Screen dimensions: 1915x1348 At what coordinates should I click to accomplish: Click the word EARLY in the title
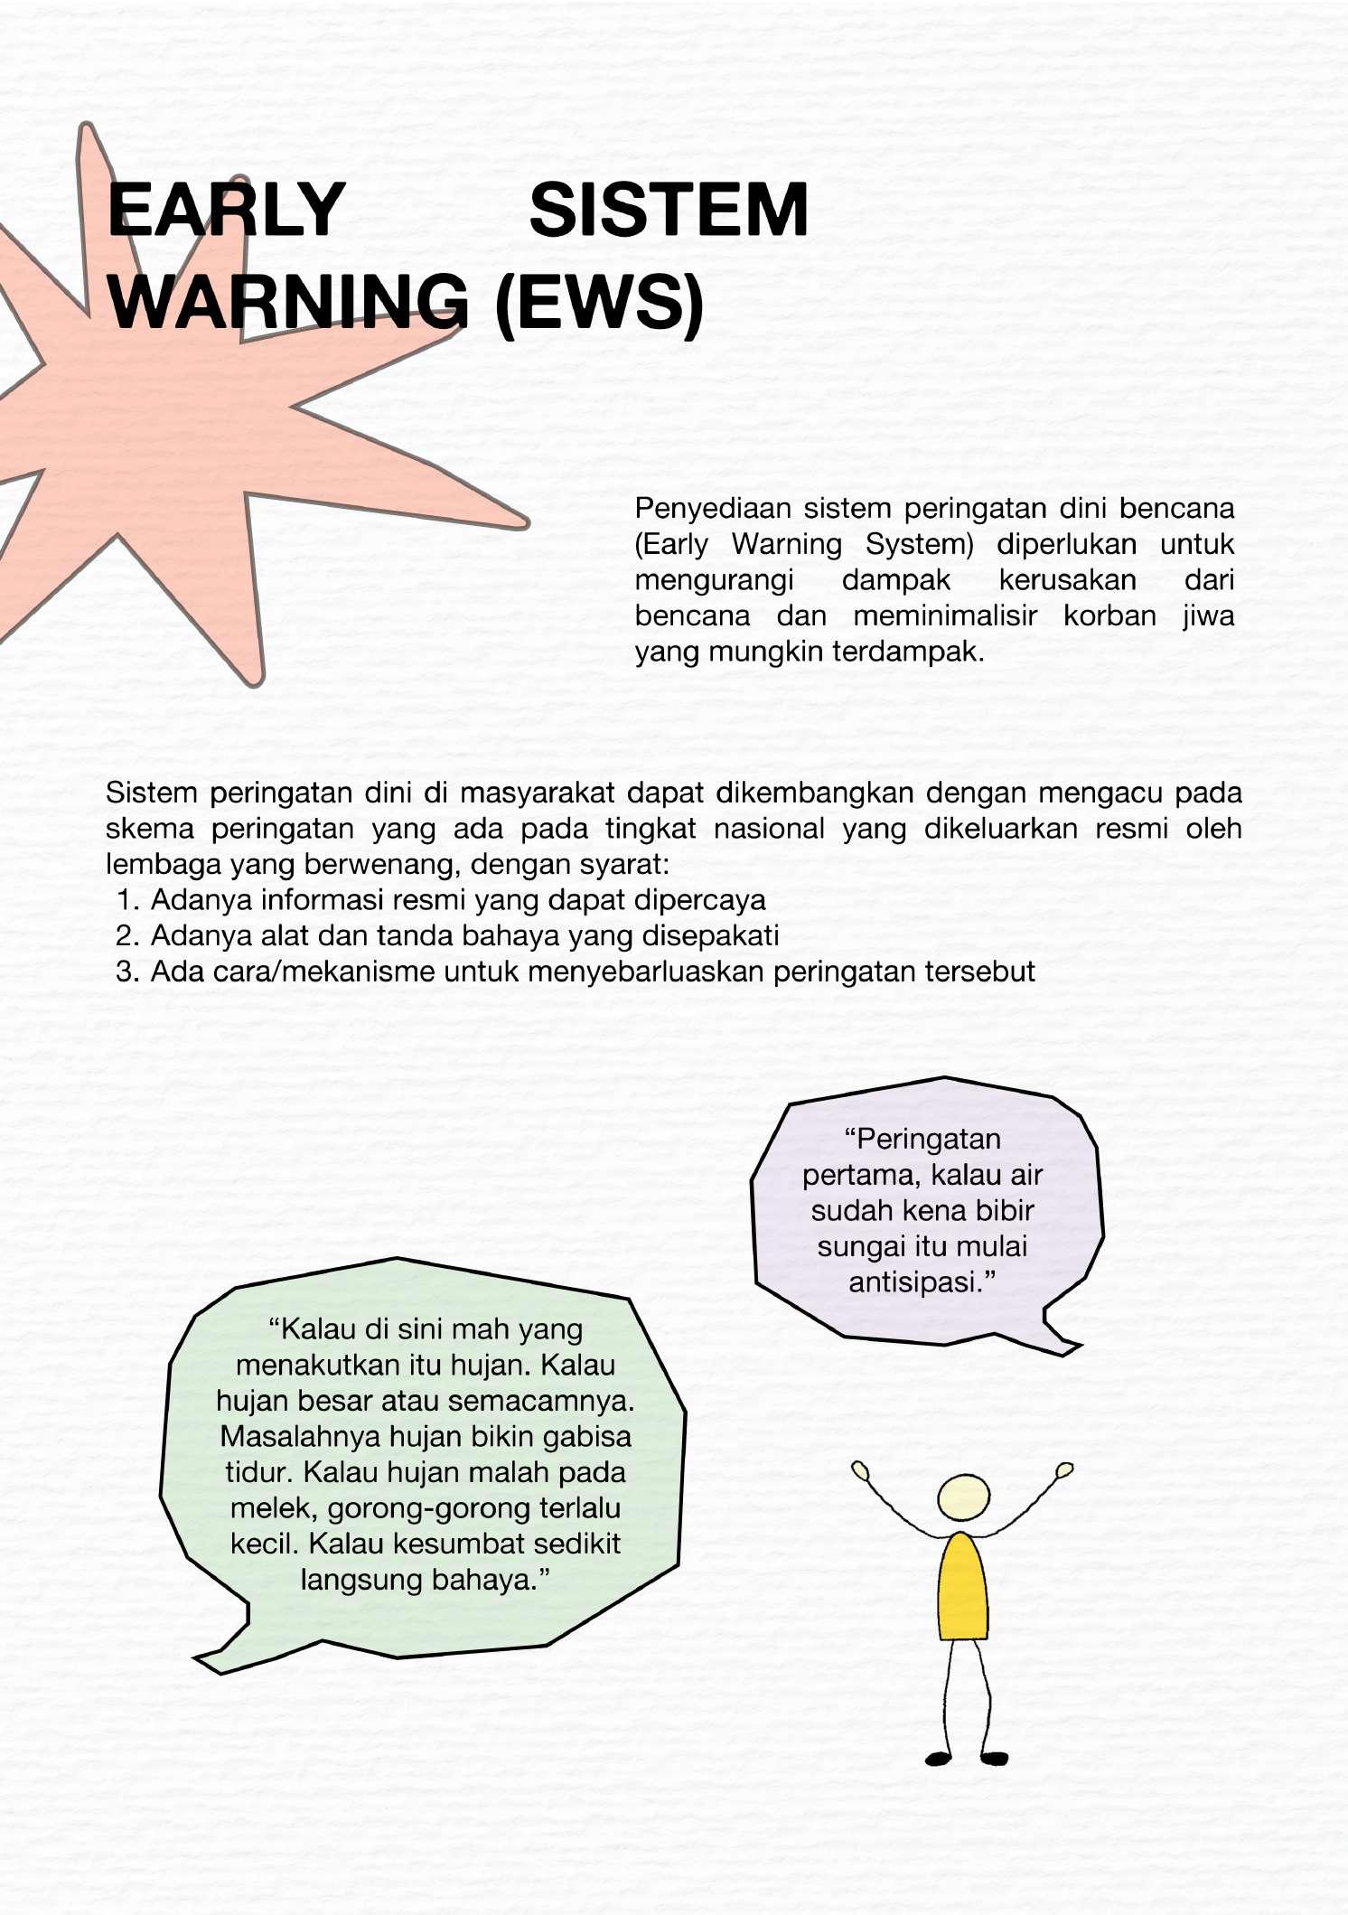click(x=226, y=211)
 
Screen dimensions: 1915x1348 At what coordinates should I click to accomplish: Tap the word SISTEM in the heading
click(x=669, y=211)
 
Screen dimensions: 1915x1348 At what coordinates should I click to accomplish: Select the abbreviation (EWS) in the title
click(x=599, y=302)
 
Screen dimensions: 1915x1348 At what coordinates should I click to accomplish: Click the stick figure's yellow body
click(x=963, y=1588)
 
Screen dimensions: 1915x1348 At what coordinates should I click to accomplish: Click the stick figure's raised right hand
click(x=1064, y=1469)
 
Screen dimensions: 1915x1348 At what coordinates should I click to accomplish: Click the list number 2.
click(x=126, y=936)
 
